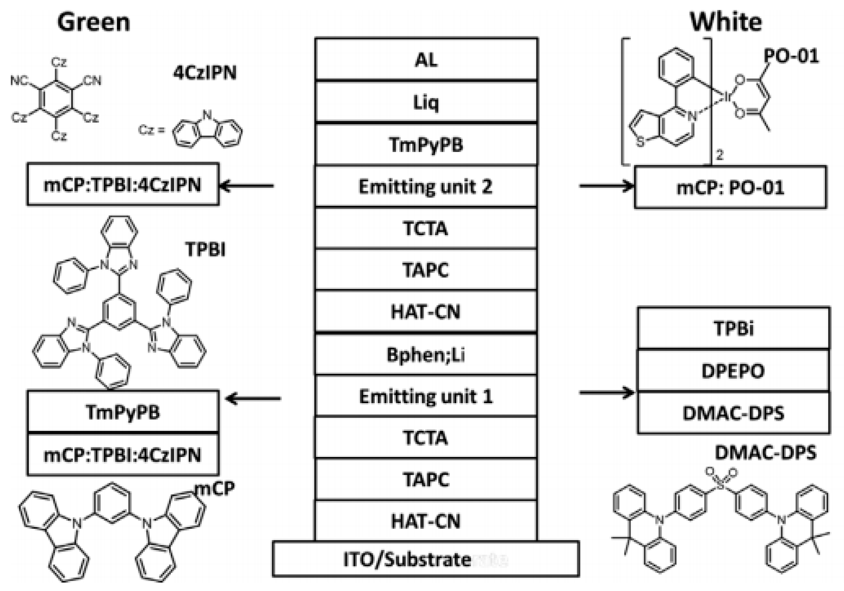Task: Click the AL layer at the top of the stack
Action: click(x=426, y=59)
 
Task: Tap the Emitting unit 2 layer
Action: click(x=426, y=186)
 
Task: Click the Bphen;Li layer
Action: click(x=426, y=355)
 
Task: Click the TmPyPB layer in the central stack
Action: click(x=426, y=145)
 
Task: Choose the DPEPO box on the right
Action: click(x=733, y=371)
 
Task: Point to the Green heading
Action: click(x=94, y=22)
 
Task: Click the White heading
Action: click(x=726, y=22)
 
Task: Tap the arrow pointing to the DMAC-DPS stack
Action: click(x=607, y=392)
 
